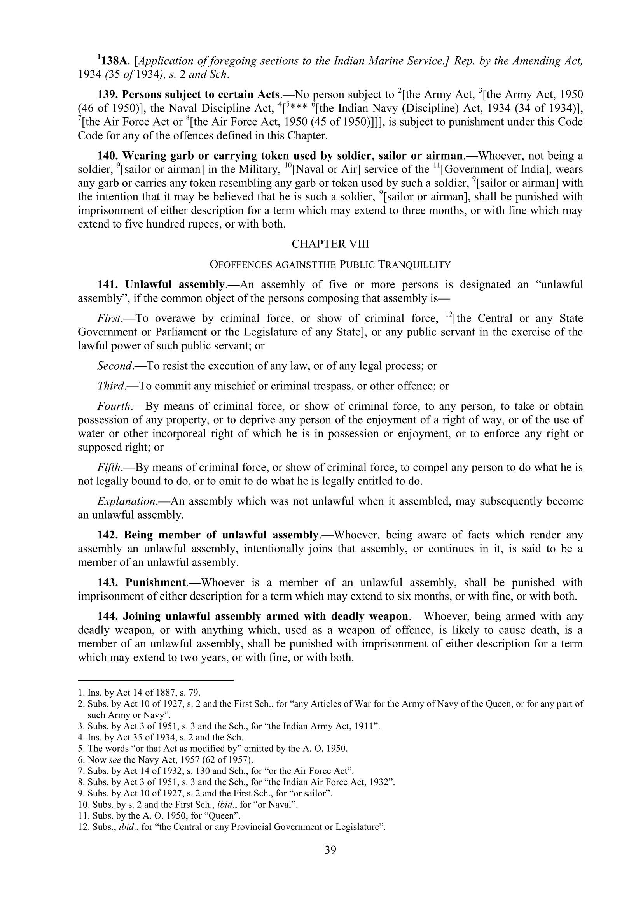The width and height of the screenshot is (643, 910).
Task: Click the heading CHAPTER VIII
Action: point(330,244)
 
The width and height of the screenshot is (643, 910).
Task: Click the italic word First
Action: point(109,318)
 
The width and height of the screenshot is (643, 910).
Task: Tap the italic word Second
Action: point(115,365)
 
